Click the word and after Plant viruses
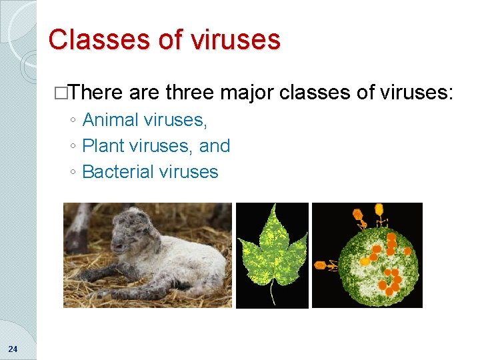[x=215, y=146]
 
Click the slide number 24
[x=13, y=349]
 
